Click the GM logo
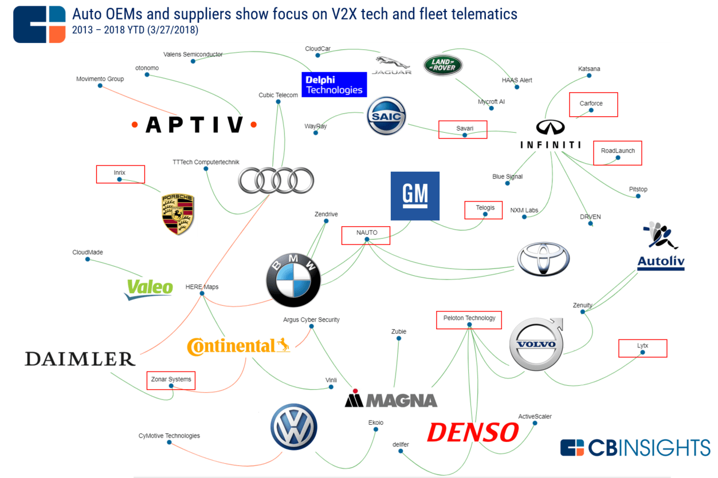(x=415, y=196)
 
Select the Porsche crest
(x=178, y=214)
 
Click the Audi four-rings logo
(x=276, y=181)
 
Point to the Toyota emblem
(x=543, y=259)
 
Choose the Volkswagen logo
(x=294, y=427)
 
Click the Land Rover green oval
(x=442, y=65)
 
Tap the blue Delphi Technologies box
(x=334, y=84)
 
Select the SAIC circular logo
(x=386, y=116)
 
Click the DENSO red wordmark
(x=472, y=432)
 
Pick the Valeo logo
(x=149, y=288)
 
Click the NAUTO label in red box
(x=366, y=233)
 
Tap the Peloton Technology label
(x=469, y=318)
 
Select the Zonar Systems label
(x=171, y=379)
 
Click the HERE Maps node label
(x=202, y=287)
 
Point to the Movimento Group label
(x=100, y=79)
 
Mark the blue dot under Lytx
(x=642, y=353)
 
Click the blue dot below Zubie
(x=398, y=338)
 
